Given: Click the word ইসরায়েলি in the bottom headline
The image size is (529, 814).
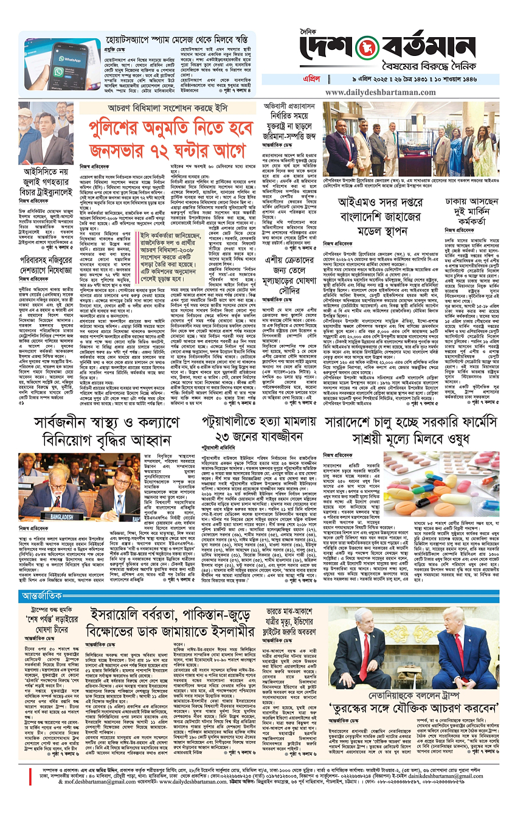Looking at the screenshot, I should click(123, 617).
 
